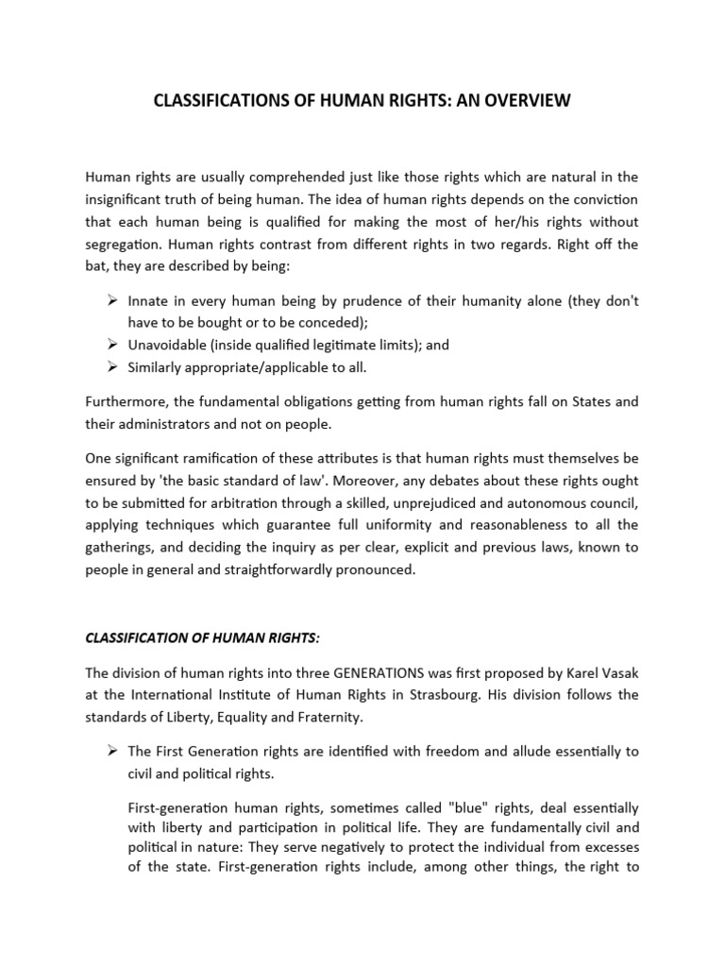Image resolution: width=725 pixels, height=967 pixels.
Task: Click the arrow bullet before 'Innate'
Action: [110, 300]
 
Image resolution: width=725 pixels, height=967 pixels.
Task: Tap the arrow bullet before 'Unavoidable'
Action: [110, 346]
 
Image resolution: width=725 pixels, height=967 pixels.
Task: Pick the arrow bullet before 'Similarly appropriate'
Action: [110, 368]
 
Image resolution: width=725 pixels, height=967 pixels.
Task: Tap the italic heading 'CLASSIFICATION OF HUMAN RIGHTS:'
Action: [202, 638]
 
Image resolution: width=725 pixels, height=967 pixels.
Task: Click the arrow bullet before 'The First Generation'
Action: [110, 752]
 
